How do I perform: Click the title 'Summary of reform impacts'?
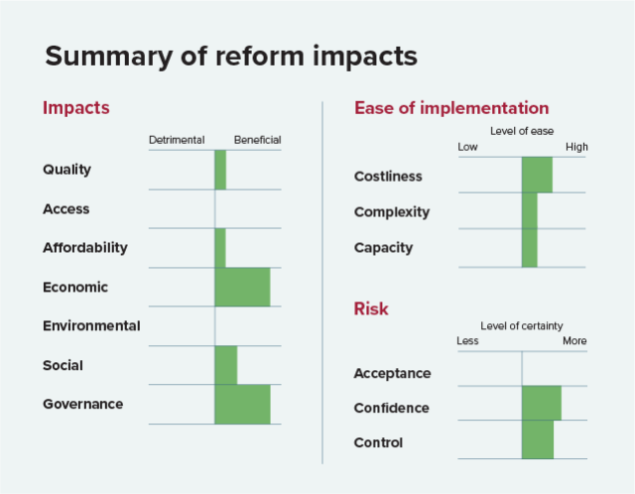(230, 57)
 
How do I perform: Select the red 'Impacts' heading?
(75, 107)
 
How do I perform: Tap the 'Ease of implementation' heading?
(451, 108)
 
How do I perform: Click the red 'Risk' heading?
(371, 309)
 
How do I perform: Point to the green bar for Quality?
(220, 170)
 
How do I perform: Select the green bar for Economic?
(242, 287)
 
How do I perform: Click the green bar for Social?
(226, 365)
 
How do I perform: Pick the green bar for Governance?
(242, 405)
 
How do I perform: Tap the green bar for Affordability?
(220, 248)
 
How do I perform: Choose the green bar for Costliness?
(537, 176)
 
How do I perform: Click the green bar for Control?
(538, 439)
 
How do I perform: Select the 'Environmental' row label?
(91, 325)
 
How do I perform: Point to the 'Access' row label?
(65, 209)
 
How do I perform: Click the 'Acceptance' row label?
(392, 374)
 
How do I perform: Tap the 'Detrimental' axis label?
(177, 140)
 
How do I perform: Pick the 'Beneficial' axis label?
(257, 140)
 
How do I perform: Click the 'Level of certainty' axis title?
(522, 325)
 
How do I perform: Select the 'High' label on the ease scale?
(576, 148)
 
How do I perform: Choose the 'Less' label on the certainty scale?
(467, 341)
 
